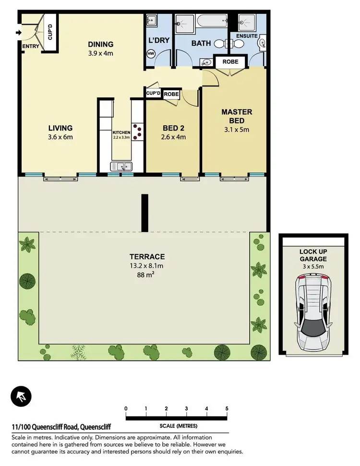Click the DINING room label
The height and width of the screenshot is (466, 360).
[100, 45]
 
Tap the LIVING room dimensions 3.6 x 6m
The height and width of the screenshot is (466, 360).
[60, 137]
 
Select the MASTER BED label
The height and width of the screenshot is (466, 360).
[236, 116]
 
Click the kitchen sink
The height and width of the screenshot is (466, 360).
[121, 167]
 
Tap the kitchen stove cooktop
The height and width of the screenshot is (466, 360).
[138, 132]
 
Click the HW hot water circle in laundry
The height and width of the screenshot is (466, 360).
[151, 54]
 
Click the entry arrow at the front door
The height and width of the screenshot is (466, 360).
[19, 33]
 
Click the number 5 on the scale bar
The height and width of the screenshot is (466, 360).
[227, 409]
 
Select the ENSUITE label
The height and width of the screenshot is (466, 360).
[247, 36]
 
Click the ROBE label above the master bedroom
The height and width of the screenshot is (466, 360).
[230, 61]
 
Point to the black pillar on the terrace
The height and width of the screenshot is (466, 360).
[143, 213]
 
